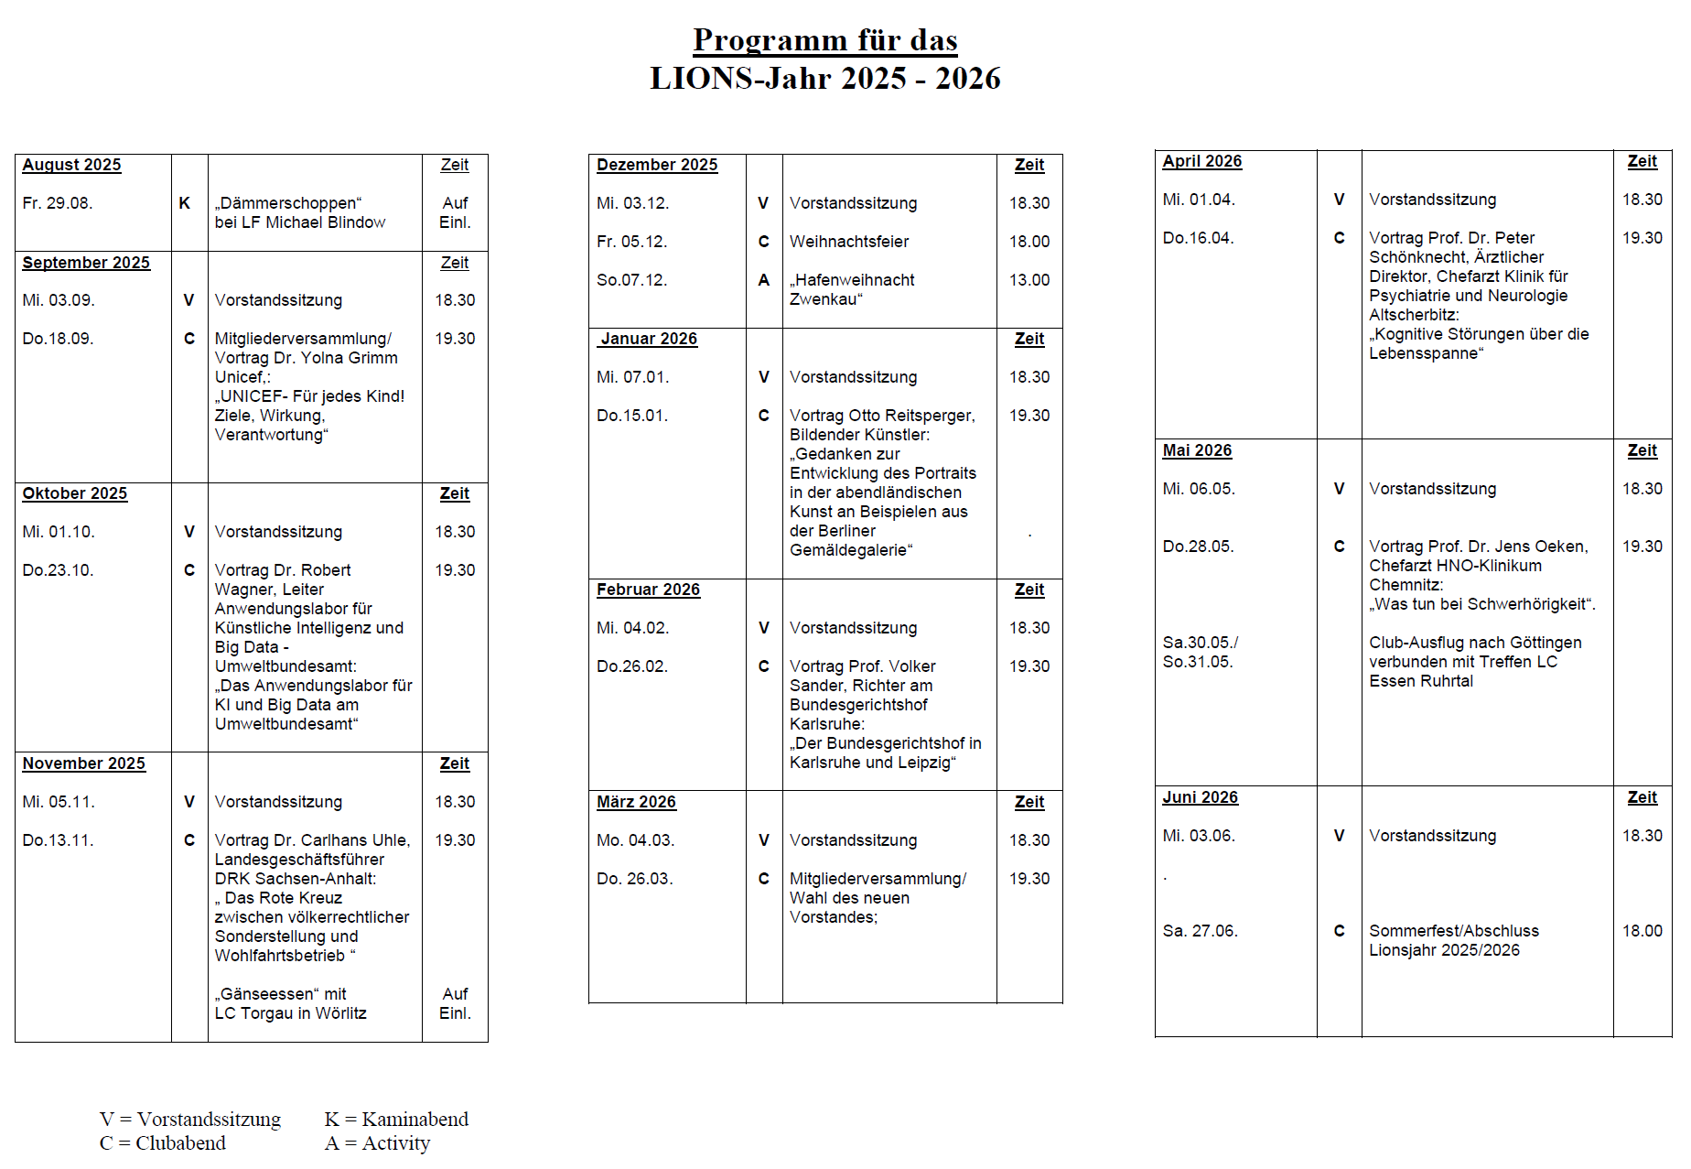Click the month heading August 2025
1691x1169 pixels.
(x=71, y=165)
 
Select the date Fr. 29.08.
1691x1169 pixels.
(x=58, y=203)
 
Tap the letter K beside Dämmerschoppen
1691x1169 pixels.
(x=185, y=203)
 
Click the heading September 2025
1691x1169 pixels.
(x=86, y=263)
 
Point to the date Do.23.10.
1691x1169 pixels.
(x=58, y=570)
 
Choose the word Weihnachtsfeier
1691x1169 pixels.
(x=849, y=242)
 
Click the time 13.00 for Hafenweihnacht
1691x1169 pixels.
(x=1029, y=280)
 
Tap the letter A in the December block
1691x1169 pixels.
(x=764, y=280)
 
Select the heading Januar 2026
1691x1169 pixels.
(x=649, y=339)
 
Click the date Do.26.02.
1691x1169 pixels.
(x=632, y=666)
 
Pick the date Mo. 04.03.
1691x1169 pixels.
(x=635, y=840)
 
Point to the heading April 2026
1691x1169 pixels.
(x=1202, y=161)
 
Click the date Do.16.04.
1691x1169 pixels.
(x=1198, y=238)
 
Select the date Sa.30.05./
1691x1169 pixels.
(x=1201, y=643)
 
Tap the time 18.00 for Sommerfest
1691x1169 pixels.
(x=1643, y=931)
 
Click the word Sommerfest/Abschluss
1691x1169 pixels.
(x=1454, y=931)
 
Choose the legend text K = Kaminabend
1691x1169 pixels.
(x=396, y=1120)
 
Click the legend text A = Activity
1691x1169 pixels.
(x=377, y=1143)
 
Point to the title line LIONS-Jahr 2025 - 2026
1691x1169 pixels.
(x=825, y=79)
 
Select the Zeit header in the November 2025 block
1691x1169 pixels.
(x=455, y=763)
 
